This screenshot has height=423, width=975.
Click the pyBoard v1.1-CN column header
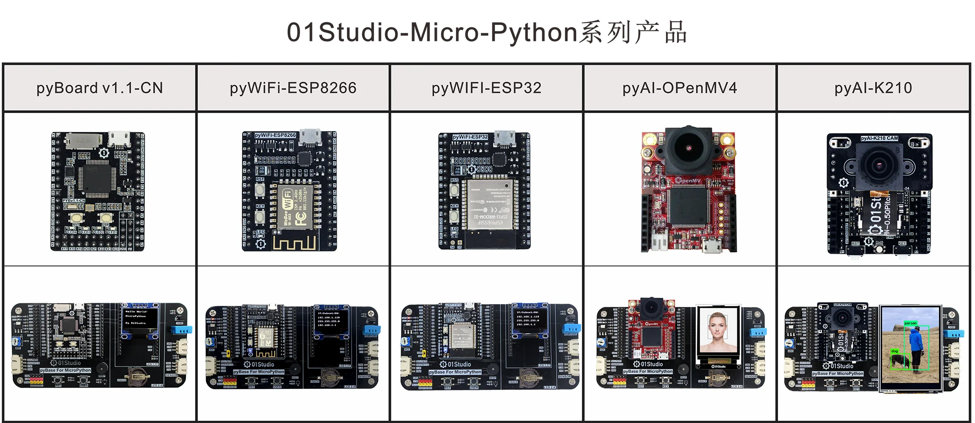point(100,88)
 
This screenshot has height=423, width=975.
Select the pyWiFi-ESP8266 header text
point(293,88)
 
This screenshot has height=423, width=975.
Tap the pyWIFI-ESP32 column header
point(486,88)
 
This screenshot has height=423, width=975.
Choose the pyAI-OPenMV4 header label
point(680,88)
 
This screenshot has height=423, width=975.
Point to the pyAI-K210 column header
point(873,88)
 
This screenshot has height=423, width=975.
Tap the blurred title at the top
point(486,32)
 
